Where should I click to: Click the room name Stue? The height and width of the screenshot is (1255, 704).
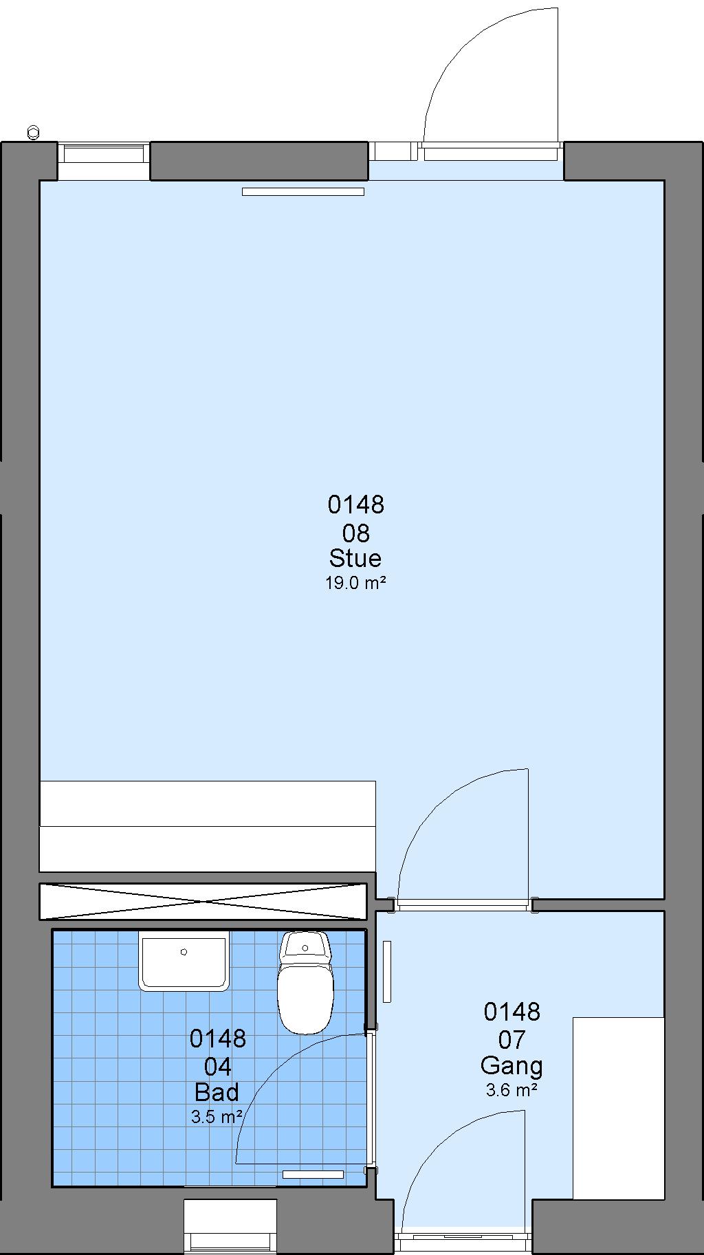click(355, 557)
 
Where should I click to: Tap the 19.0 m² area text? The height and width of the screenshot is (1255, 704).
click(355, 584)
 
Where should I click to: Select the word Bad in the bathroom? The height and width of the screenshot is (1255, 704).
click(217, 1091)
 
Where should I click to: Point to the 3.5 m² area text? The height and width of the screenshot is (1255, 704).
click(217, 1117)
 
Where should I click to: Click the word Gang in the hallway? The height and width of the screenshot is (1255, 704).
click(511, 1065)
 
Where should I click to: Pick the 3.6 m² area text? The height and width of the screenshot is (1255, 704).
click(511, 1090)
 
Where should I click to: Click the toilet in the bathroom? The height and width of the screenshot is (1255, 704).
click(305, 982)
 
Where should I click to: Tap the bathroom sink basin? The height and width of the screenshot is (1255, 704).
click(184, 961)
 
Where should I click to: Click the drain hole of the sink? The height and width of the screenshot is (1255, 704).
click(184, 952)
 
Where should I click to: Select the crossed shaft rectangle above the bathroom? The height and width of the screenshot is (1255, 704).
click(203, 901)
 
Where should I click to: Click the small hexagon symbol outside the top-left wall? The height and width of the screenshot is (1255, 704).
click(33, 132)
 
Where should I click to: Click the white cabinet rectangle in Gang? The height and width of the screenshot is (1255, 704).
click(619, 1108)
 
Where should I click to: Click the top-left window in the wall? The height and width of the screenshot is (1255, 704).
click(103, 161)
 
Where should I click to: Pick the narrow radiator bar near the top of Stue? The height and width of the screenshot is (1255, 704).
click(303, 192)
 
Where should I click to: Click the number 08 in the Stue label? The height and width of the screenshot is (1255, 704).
click(355, 533)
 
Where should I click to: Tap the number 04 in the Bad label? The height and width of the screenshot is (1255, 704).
click(217, 1066)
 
